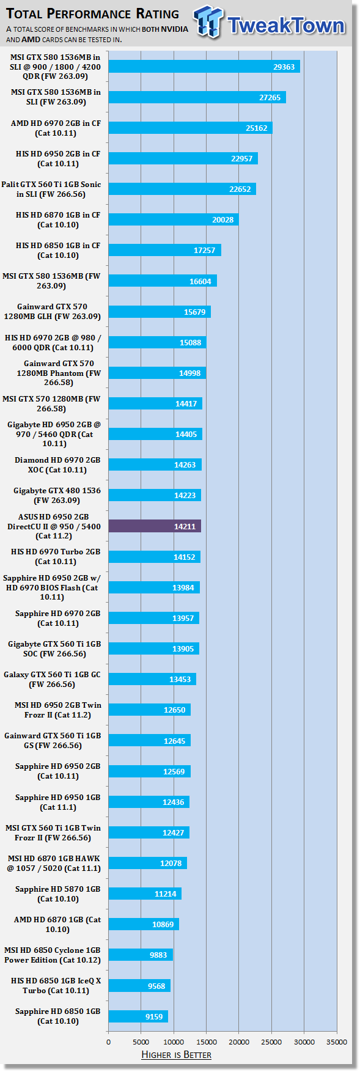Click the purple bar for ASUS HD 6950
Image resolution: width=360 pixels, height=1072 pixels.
[x=155, y=526]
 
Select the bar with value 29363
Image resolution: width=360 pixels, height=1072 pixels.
[x=204, y=67]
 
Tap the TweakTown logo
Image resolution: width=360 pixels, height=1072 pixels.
[x=270, y=23]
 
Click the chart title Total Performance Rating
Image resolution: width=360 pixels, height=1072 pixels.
[x=93, y=13]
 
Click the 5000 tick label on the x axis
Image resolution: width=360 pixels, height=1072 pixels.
[x=141, y=1042]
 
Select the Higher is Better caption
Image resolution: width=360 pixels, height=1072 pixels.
[x=176, y=1055]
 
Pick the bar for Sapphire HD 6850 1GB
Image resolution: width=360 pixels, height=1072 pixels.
[x=138, y=1016]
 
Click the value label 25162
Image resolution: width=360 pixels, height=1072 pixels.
[x=257, y=128]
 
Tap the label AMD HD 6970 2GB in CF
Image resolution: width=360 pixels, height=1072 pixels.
[x=56, y=128]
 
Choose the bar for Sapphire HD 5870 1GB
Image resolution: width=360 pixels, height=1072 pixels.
[x=145, y=894]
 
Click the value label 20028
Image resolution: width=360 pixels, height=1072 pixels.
[x=223, y=220]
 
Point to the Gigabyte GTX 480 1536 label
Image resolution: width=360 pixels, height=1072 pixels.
[x=57, y=496]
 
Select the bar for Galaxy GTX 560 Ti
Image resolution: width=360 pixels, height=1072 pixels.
[x=152, y=679]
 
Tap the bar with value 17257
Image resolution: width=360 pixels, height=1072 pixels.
[x=165, y=250]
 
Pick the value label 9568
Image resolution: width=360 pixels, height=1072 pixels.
[x=156, y=986]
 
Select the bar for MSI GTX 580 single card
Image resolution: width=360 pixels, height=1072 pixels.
[x=163, y=281]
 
